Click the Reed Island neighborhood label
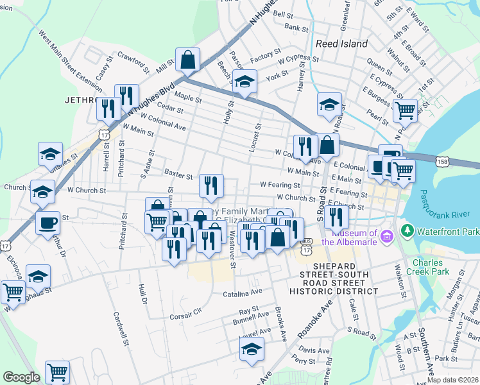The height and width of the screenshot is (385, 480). pos(342,44)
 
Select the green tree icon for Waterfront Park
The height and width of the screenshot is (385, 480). pos(406,230)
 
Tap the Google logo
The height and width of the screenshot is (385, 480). pos(21,377)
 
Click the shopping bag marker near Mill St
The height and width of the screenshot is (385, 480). pos(187,60)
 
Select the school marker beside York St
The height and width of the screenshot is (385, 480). pos(244,81)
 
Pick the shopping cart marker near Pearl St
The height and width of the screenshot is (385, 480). pos(405,110)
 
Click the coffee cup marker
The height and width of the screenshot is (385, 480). pos(47,223)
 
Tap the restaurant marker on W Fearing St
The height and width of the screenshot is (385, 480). pos(211,185)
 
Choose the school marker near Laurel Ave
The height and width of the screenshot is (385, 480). pos(252,349)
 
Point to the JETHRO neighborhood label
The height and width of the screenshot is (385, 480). pos(80,100)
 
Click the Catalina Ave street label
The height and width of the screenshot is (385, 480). pos(243,291)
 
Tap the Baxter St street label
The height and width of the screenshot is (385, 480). pos(178,174)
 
